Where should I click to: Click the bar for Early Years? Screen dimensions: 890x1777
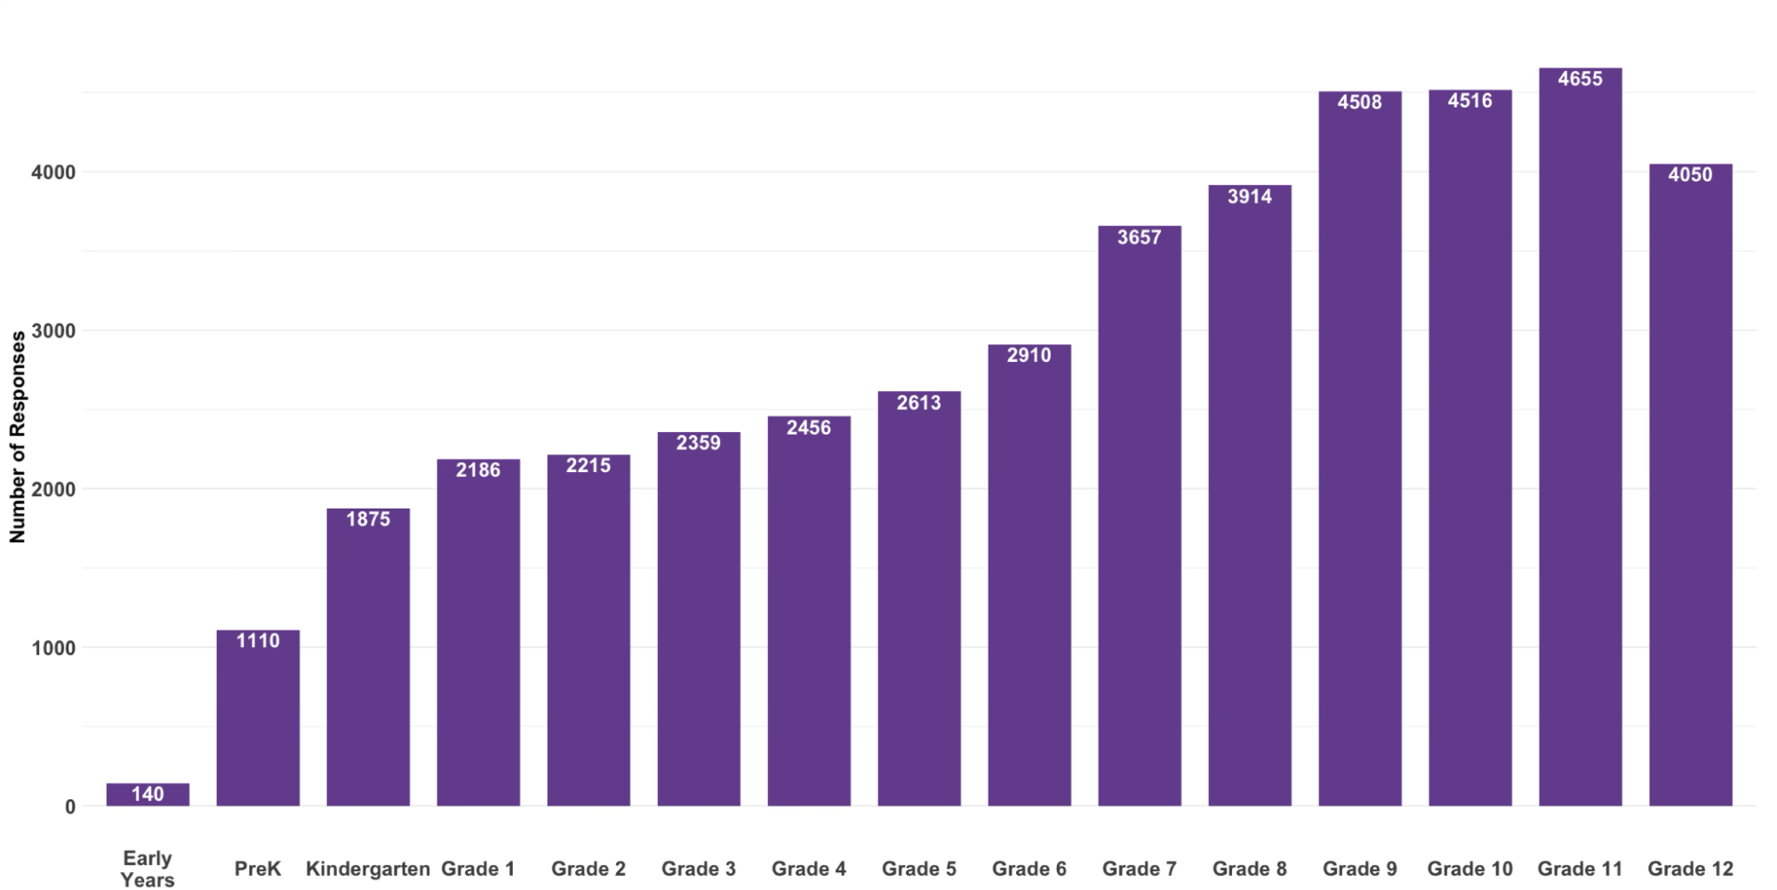click(148, 794)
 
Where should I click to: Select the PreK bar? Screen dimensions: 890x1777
click(258, 720)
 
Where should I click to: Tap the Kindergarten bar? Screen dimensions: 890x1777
click(368, 658)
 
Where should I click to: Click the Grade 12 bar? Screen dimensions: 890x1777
click(1690, 489)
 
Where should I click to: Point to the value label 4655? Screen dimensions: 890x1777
click(1580, 79)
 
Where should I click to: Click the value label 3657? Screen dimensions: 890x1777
click(1139, 237)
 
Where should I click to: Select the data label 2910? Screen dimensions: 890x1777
click(1029, 356)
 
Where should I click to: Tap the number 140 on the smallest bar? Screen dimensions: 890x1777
click(148, 794)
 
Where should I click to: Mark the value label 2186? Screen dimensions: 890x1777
click(478, 470)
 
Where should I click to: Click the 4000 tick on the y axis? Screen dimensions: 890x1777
click(53, 172)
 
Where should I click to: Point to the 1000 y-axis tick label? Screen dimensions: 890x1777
click(53, 648)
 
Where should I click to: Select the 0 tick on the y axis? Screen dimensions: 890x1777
click(70, 807)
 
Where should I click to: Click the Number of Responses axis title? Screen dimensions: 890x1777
click(18, 437)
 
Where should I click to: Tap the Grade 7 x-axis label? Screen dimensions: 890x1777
click(1139, 869)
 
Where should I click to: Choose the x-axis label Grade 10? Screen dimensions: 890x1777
click(1469, 869)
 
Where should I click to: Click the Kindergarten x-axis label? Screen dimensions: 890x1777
click(368, 869)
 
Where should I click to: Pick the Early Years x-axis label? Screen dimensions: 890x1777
click(148, 869)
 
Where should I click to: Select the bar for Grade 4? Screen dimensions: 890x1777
click(809, 613)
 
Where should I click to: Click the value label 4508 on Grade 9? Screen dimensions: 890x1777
click(1359, 102)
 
